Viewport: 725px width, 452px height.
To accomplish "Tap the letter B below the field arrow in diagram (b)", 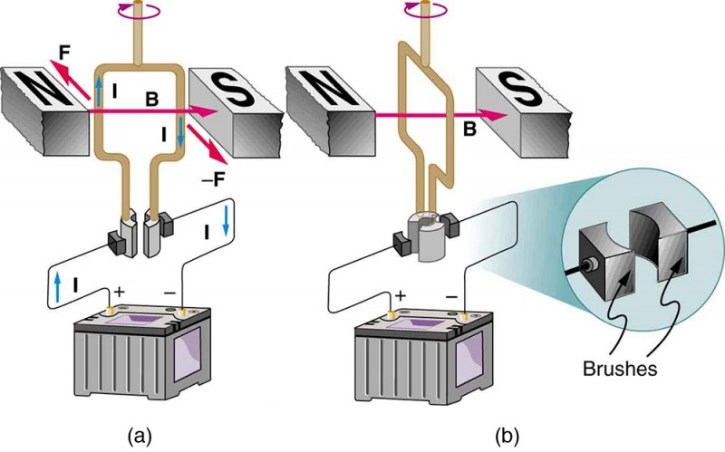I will point(469,131).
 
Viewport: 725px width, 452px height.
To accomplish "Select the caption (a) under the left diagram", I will point(139,435).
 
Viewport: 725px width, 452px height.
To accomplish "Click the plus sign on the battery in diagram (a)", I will point(117,293).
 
